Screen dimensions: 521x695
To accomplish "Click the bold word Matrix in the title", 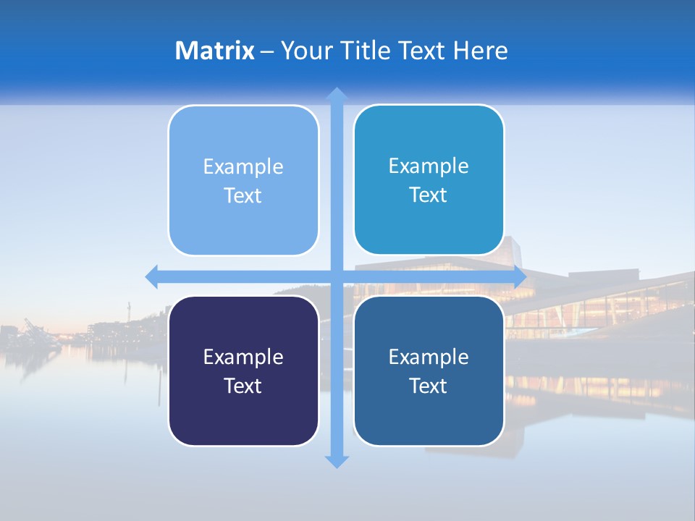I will pos(214,51).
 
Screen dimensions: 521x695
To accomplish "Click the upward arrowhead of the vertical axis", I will pos(336,94).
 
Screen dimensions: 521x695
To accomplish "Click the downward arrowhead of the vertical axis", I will pos(336,461).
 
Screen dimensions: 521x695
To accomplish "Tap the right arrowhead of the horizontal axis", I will pos(519,276).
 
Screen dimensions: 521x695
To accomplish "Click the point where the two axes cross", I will pos(336,276).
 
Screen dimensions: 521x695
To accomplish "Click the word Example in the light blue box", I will pos(243,167).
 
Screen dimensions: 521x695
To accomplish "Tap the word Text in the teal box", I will pos(429,195).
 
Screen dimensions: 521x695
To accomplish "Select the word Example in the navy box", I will pos(243,357).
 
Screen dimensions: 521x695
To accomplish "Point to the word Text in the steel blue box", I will pos(429,386).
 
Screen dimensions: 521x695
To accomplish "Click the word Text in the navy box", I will pos(243,386).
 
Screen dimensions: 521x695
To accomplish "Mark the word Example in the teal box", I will pos(429,166).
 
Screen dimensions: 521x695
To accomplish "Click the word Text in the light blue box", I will pos(243,196).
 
